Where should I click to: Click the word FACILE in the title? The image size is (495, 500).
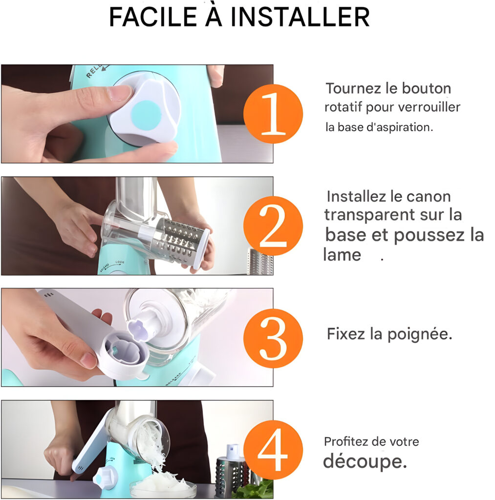click(153, 17)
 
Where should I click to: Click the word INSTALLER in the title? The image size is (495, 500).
click(300, 17)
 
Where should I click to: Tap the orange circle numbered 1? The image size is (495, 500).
click(273, 114)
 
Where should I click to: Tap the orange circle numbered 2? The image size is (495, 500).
click(273, 226)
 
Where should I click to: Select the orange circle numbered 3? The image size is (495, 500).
click(273, 338)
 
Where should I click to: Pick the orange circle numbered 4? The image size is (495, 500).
click(273, 450)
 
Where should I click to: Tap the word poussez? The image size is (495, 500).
click(429, 236)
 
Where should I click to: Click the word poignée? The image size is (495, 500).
click(420, 334)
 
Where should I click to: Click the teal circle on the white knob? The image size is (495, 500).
click(146, 115)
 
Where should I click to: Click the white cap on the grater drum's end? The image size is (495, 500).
click(202, 246)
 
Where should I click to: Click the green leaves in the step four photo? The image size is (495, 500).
click(256, 488)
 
